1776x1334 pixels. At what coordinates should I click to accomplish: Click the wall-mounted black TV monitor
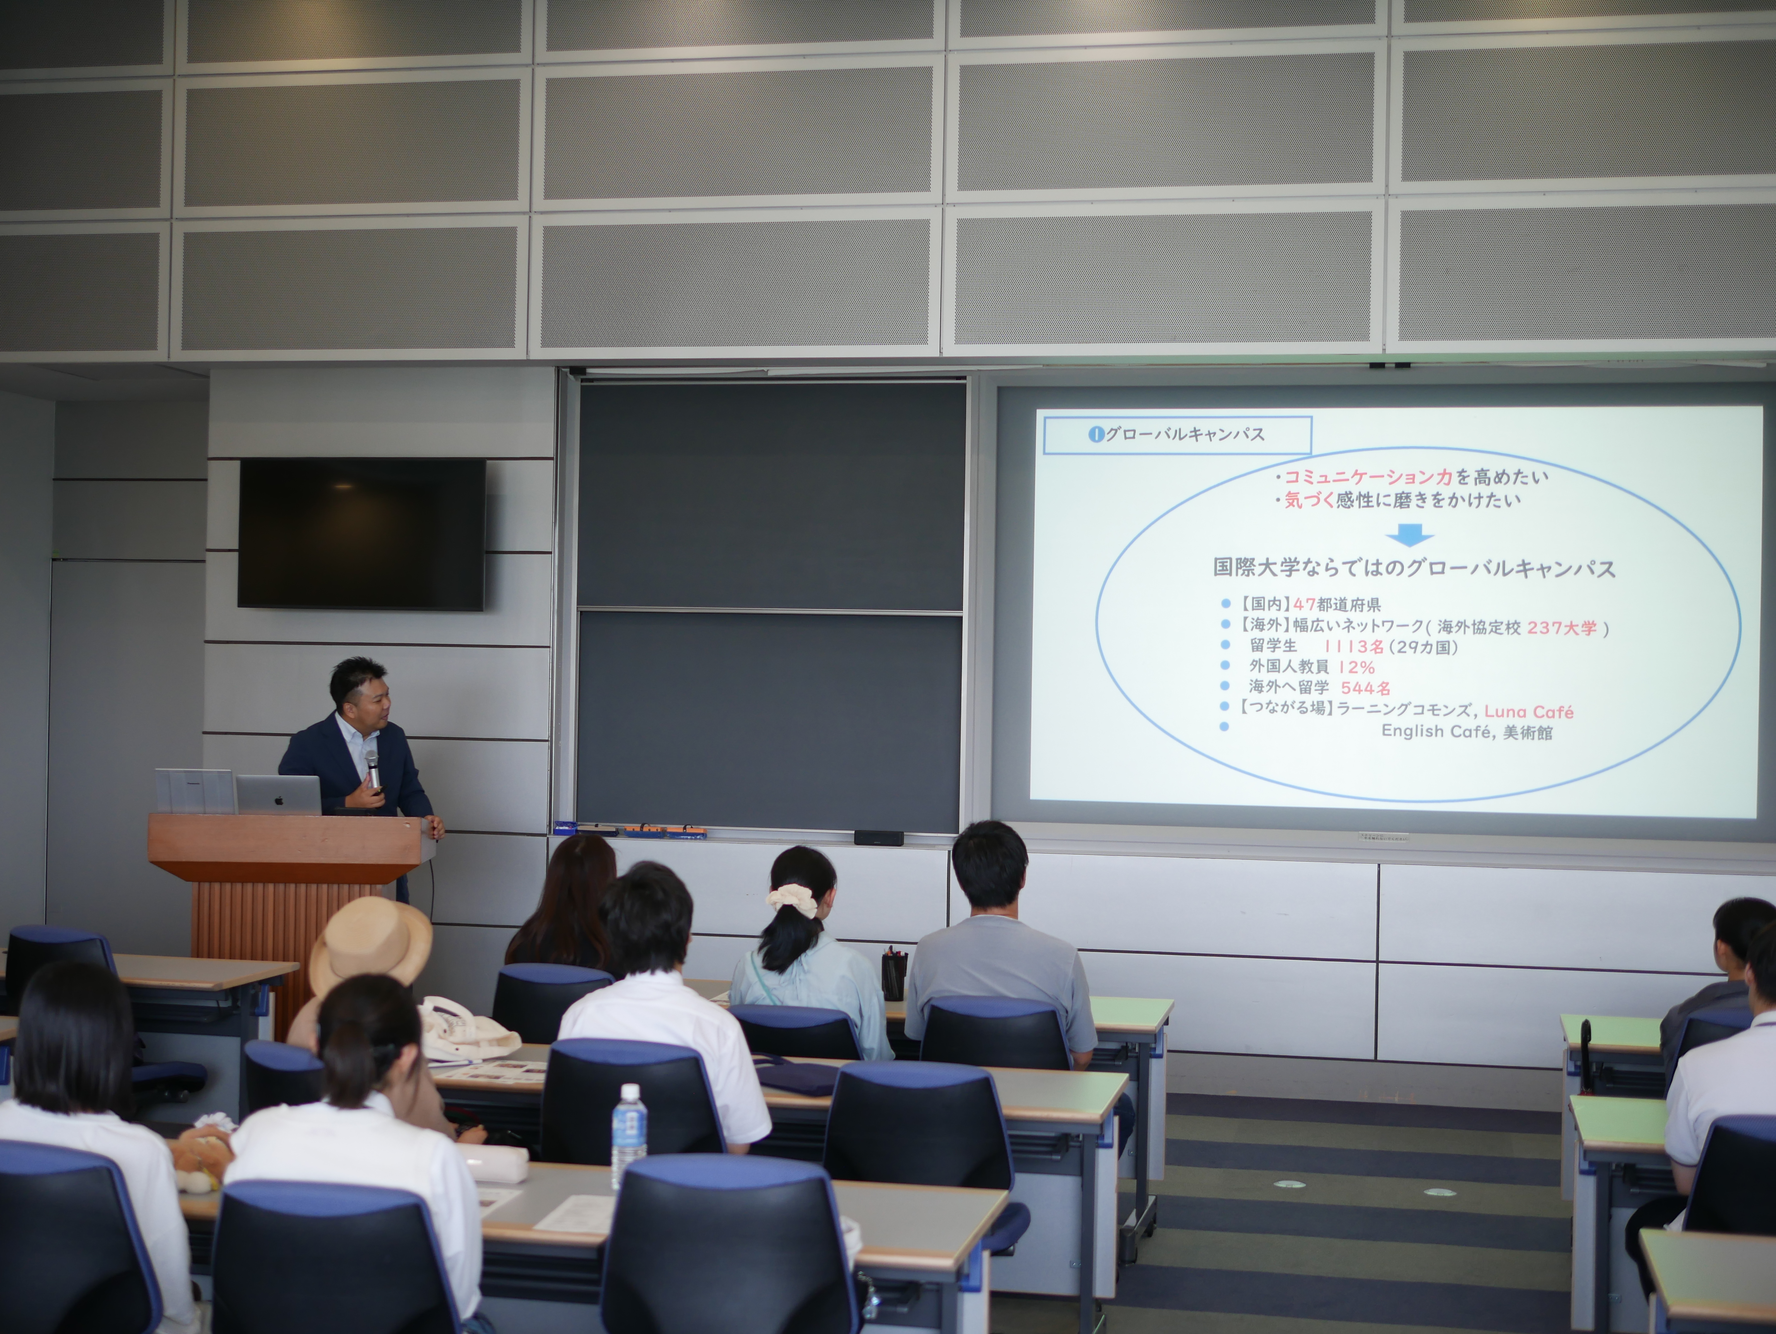361,533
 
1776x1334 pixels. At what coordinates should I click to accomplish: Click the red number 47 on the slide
1387,605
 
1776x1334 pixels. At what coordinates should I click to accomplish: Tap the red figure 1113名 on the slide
1354,646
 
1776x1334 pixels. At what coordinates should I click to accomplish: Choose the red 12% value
1356,667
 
